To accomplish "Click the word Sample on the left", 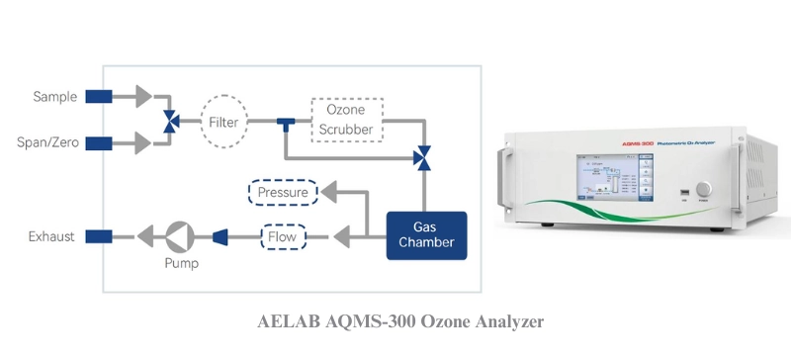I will coord(55,96).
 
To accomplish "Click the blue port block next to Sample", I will coord(99,96).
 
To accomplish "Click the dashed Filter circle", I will coord(220,122).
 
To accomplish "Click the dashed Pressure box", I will coord(283,192).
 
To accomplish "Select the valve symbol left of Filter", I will coord(171,122).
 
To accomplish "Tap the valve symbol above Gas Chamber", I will coord(424,155).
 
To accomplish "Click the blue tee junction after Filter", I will coord(285,123).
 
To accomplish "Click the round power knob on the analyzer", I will coord(704,188).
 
